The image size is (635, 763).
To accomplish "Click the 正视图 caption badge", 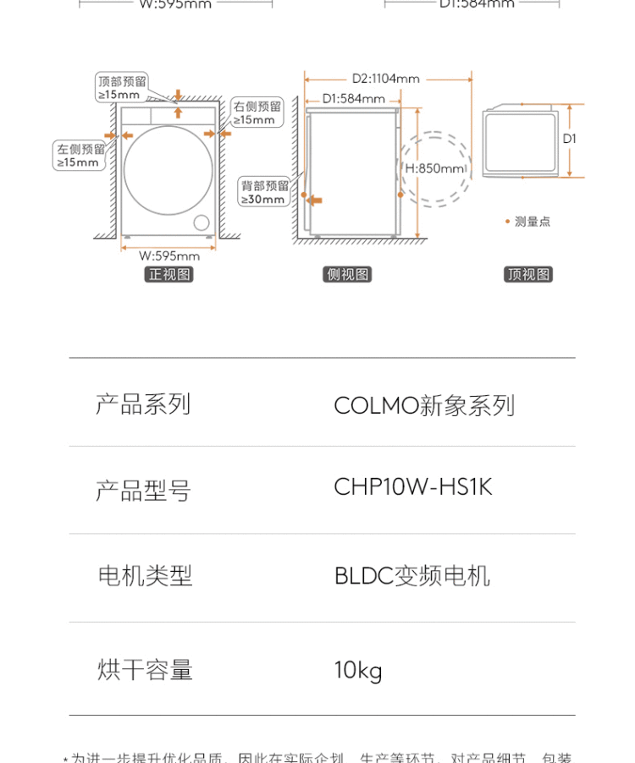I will [170, 274].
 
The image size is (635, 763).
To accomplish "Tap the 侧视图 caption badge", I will [349, 274].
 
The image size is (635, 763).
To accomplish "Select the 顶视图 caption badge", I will [528, 274].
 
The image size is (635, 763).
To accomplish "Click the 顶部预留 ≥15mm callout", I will [122, 88].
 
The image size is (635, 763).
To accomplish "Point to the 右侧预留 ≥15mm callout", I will [257, 113].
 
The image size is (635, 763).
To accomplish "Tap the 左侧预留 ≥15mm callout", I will [80, 156].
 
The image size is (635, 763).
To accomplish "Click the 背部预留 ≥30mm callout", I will [264, 192].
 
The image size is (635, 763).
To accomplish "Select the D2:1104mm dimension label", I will [386, 79].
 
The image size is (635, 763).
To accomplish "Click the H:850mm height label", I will [435, 168].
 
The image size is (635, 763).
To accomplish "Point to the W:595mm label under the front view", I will [169, 255].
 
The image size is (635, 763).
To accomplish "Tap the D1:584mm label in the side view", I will [354, 98].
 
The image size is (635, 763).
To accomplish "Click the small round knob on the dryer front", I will [202, 222].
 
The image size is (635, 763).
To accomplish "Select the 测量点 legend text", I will [533, 222].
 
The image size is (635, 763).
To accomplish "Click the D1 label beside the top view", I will [570, 138].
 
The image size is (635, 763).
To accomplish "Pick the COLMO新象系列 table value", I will [424, 405].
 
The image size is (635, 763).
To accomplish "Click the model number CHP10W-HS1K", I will [413, 488].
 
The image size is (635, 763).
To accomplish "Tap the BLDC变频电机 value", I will [412, 577].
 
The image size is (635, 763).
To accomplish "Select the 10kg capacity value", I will [358, 670].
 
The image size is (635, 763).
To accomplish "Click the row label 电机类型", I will [145, 577].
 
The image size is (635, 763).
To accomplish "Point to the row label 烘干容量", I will [145, 670].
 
